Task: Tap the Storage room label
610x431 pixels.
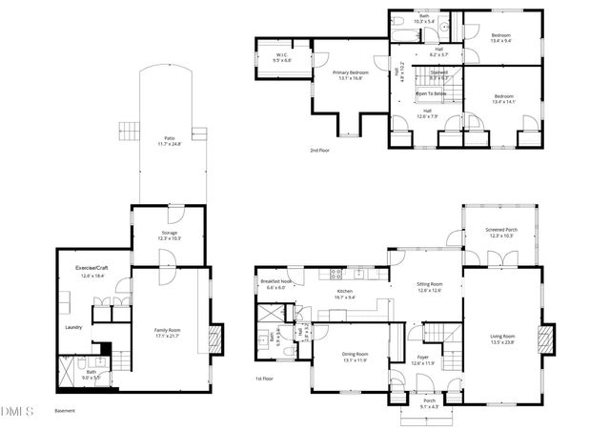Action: tap(168, 235)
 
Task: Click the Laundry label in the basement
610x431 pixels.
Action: tap(74, 327)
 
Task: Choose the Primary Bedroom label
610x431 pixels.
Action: tap(351, 75)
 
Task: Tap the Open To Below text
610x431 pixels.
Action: tap(433, 93)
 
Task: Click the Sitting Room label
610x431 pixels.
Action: tap(430, 287)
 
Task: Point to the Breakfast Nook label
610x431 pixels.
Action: tap(275, 283)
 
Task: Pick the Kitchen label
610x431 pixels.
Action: tap(345, 294)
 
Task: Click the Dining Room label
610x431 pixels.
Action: tap(355, 358)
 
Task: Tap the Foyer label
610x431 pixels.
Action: tap(422, 360)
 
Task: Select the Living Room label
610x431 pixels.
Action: tap(501, 339)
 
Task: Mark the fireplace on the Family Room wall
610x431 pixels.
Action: tap(215, 337)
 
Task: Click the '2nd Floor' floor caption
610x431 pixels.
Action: tap(320, 151)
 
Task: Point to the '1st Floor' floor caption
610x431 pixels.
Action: tap(265, 380)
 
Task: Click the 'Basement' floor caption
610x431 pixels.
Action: tap(65, 411)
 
